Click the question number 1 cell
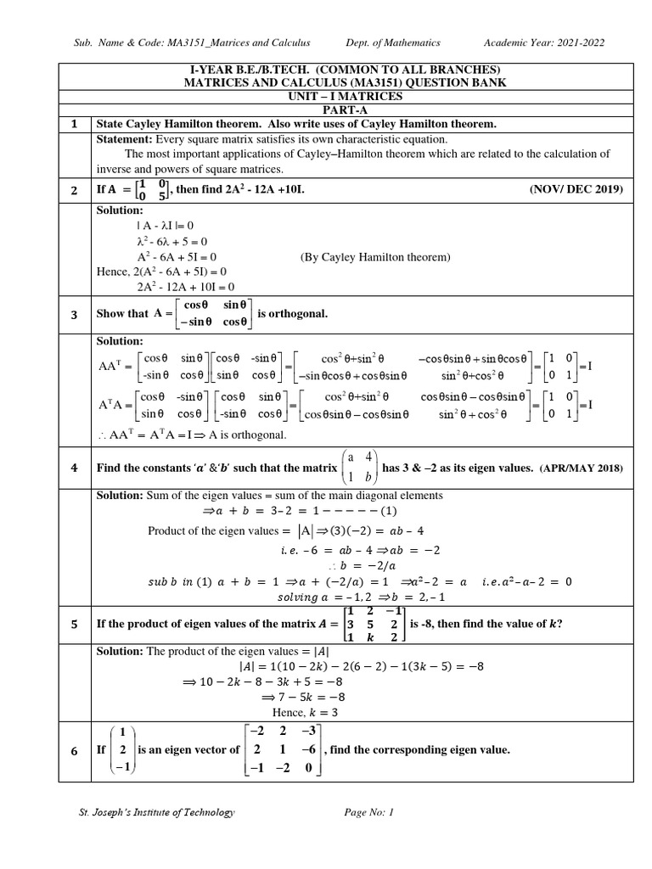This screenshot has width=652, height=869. [74, 125]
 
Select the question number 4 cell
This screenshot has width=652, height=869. [74, 468]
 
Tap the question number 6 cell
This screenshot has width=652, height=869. [74, 750]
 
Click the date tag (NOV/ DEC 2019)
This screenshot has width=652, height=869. [575, 189]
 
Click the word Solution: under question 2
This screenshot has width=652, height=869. [121, 210]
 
